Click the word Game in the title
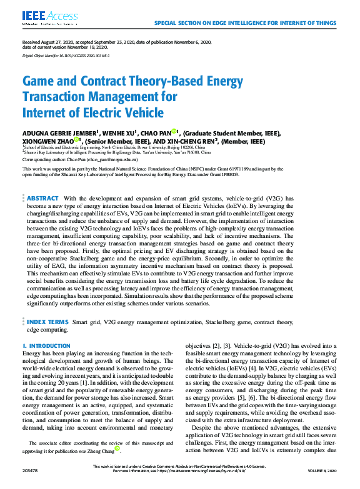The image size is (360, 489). [37, 81]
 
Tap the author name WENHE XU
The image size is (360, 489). [117, 132]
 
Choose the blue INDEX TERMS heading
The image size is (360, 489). [47, 322]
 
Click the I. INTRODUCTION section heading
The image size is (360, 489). [42, 345]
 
